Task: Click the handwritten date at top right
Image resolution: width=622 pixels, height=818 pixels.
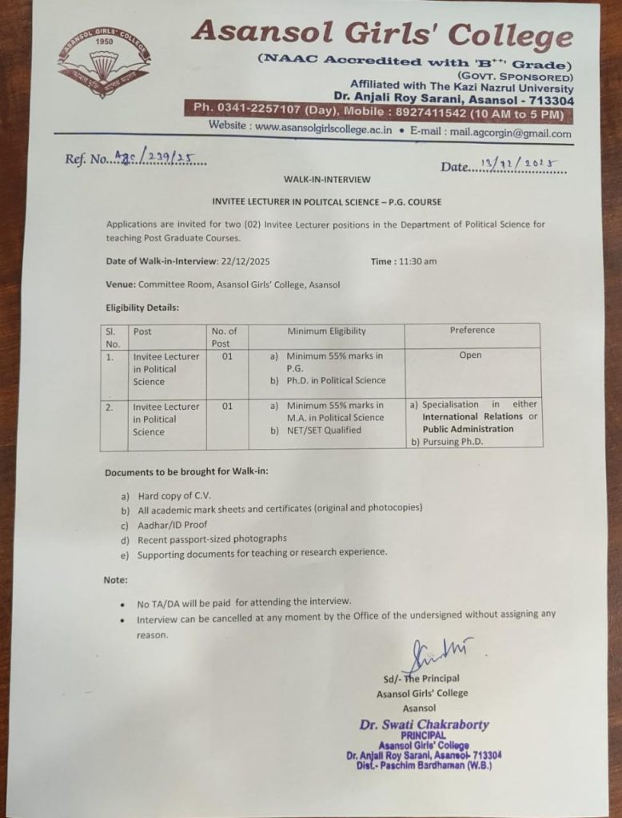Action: tap(520, 165)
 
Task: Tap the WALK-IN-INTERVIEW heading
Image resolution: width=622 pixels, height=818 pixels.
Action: tap(327, 180)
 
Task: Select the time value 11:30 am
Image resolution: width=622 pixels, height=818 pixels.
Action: tap(417, 261)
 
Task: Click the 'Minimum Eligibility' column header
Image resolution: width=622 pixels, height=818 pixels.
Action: tap(326, 331)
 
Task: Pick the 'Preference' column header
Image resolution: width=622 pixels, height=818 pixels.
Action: tap(472, 330)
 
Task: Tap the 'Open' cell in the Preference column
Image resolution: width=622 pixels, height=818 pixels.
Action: tap(470, 355)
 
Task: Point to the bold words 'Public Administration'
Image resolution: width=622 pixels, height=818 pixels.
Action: tap(468, 429)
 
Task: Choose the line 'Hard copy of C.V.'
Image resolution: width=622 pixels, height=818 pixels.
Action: tap(175, 495)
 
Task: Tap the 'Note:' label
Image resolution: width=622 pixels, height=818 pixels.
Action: tap(116, 580)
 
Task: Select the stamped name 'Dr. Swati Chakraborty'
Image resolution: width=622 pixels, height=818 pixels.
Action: tap(424, 725)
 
